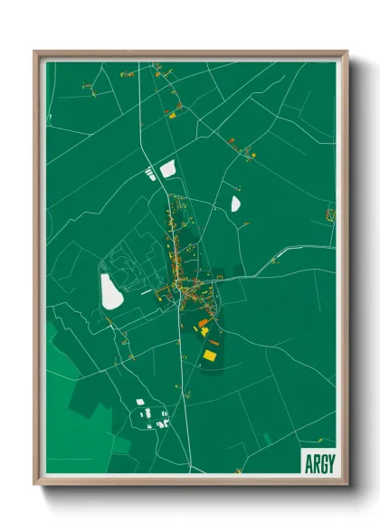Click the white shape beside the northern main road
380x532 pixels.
click(x=167, y=167)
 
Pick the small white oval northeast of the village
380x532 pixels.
click(x=236, y=203)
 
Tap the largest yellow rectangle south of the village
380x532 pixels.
click(x=210, y=356)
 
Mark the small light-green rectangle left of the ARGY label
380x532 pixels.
click(x=267, y=439)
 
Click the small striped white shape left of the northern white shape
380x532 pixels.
click(x=149, y=174)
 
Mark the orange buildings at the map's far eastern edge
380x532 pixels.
click(x=330, y=214)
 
